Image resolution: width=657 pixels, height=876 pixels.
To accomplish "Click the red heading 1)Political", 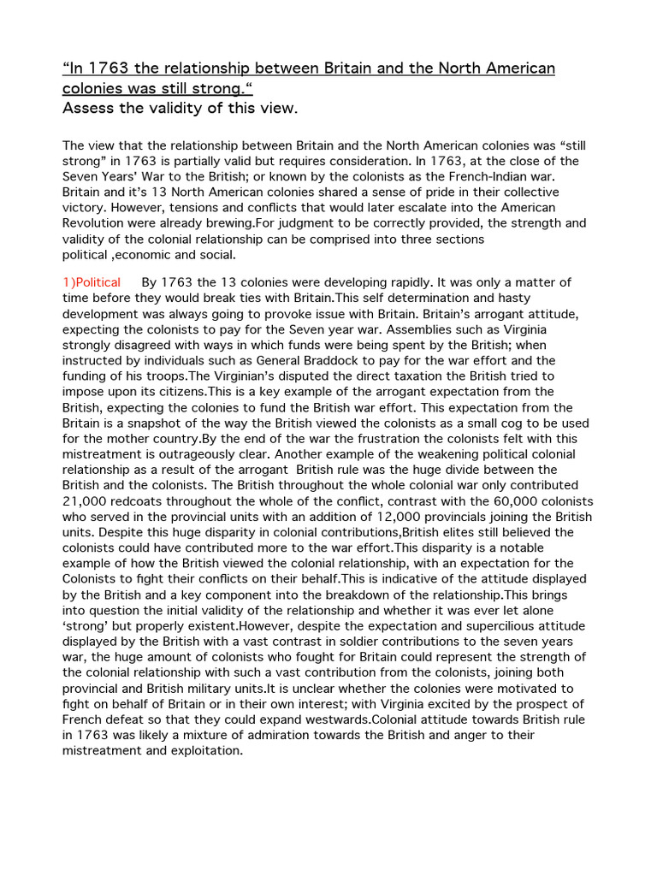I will point(92,282).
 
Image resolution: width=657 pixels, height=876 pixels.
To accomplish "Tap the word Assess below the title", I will point(87,108).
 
